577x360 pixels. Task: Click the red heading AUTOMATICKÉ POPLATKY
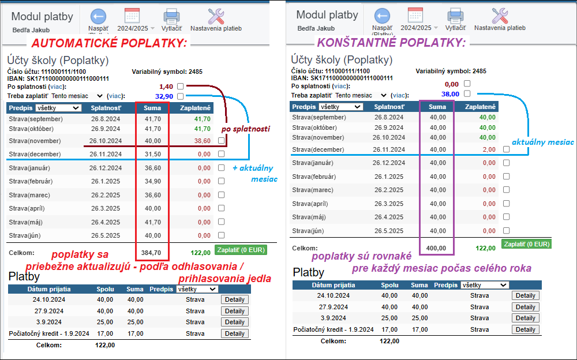tap(109, 43)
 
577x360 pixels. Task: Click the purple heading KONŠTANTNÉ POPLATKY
tap(391, 42)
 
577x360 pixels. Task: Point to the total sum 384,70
tap(152, 252)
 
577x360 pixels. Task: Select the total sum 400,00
tap(436, 247)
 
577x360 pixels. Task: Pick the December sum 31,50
tap(152, 154)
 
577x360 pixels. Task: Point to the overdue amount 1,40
tap(166, 86)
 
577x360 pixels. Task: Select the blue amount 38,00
tap(450, 93)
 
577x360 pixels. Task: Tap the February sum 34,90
tap(152, 182)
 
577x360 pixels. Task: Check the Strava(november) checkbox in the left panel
tap(221, 141)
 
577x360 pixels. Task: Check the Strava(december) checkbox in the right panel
tap(506, 149)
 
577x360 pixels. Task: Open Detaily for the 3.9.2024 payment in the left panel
tap(234, 322)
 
